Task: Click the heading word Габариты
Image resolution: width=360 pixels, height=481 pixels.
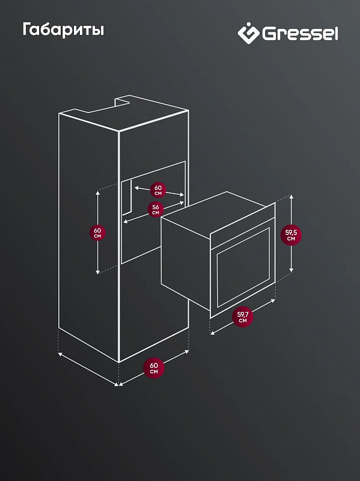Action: coord(63,30)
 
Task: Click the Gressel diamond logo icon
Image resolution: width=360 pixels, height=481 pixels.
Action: coord(249,33)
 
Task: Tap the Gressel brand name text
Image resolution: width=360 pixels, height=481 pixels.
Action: coord(300,34)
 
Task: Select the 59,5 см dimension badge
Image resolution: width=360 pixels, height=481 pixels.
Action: coord(291,236)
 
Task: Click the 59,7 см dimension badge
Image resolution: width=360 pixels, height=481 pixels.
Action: coord(242,317)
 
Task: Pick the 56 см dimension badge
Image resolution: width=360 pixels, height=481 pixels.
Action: coord(156,209)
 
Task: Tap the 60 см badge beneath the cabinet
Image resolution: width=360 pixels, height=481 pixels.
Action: coord(154,368)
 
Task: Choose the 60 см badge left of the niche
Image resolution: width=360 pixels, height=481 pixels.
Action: coord(97,233)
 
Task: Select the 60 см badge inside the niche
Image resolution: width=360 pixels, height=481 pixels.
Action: coord(158,190)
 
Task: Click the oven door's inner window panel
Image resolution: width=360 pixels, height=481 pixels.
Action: coord(243,267)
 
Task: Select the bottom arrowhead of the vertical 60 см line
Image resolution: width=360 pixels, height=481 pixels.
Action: coord(98,272)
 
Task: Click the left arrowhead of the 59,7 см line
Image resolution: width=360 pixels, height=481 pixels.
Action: coord(213,333)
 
